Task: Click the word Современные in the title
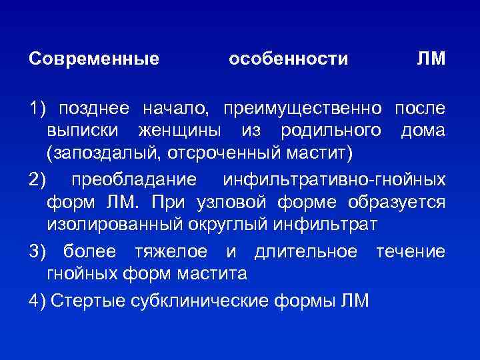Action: click(94, 59)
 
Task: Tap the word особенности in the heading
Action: click(288, 59)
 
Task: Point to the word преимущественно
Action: click(304, 108)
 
